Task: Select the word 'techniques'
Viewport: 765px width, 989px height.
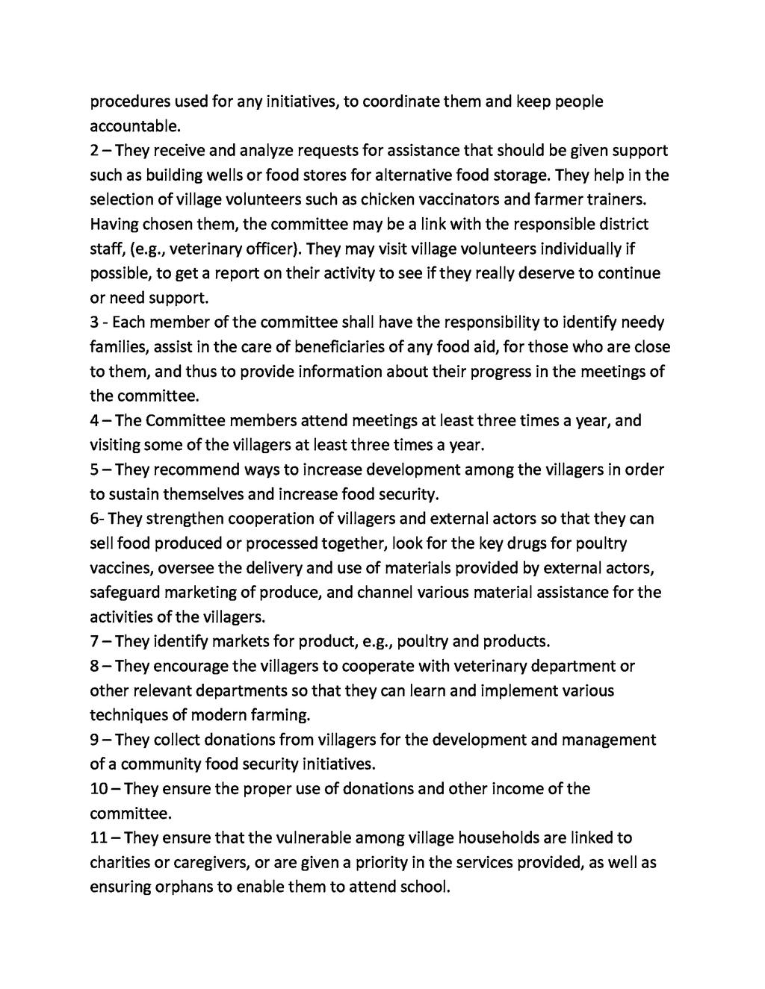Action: pyautogui.click(x=130, y=715)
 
